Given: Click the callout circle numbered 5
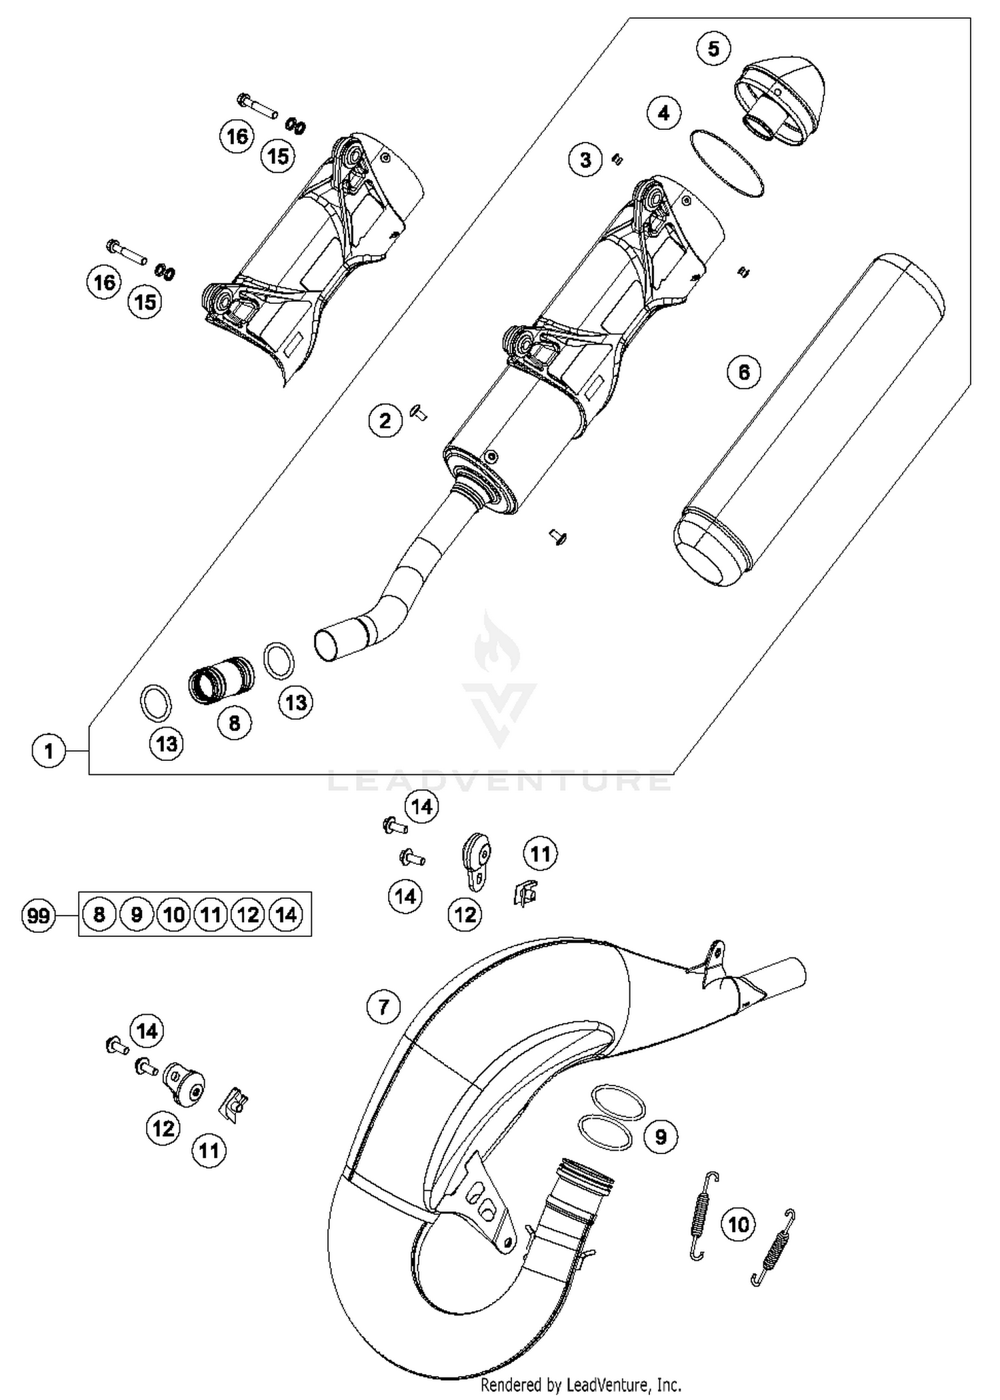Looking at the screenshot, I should (713, 49).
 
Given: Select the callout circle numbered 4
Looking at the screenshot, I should (663, 113).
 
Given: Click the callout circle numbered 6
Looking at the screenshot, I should (744, 372).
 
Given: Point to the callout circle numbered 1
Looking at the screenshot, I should (49, 752).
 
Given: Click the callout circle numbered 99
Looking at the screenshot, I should (38, 916).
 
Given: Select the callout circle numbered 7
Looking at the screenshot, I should (383, 1006).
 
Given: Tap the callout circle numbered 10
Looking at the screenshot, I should (738, 1224).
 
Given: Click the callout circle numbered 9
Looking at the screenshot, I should (660, 1136).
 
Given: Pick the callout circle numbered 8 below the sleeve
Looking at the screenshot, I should (234, 723).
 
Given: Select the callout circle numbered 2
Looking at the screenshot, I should (385, 421).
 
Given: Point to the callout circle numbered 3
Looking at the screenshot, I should (585, 160).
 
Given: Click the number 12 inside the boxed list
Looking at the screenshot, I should (248, 914).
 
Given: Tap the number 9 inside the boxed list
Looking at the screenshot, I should (136, 914).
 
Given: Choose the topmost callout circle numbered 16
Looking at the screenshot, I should (237, 137).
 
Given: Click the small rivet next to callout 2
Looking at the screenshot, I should (419, 414).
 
